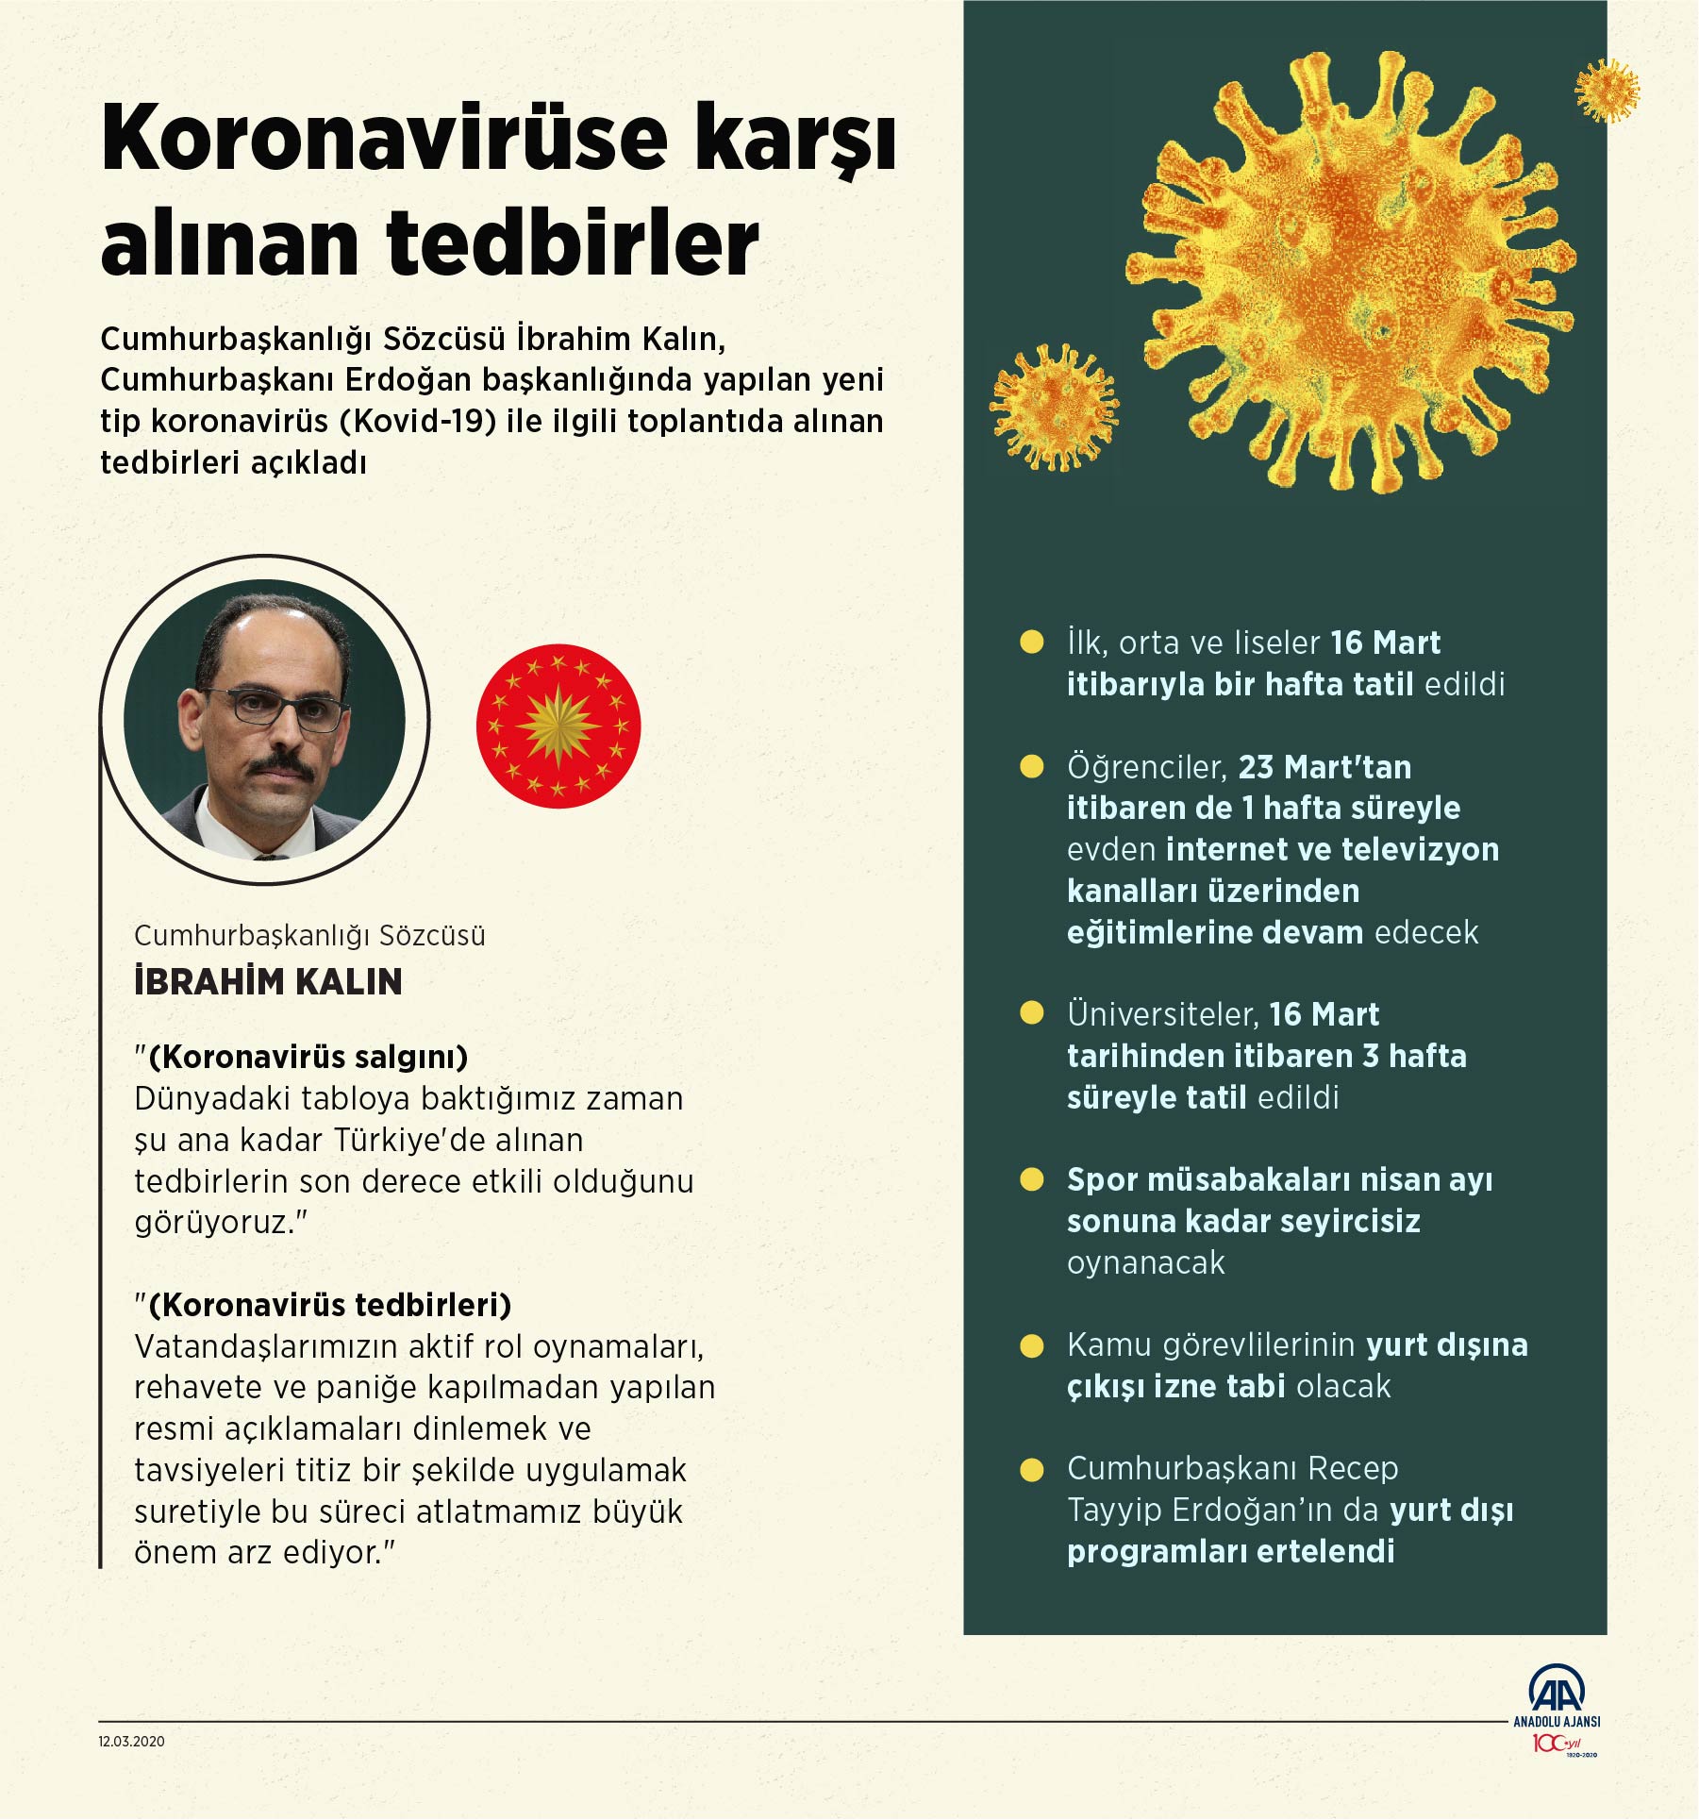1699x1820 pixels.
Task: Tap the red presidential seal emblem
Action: coord(558,726)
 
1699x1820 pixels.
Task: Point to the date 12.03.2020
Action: coord(131,1742)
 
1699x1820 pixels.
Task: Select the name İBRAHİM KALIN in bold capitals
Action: coord(268,982)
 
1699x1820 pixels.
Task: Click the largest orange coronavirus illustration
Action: coord(1349,274)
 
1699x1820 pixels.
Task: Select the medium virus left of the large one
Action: coord(1054,408)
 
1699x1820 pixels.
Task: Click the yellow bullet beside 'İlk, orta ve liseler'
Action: coord(1032,643)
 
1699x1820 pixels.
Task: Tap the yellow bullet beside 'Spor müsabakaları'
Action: coord(1032,1180)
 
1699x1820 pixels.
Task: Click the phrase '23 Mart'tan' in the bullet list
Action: coord(1324,767)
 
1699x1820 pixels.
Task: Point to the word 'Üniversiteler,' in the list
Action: coord(1163,1014)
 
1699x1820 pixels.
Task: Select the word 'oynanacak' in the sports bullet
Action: coord(1145,1262)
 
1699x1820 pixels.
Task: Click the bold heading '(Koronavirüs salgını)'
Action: coord(308,1057)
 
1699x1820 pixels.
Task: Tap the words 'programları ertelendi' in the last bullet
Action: coord(1230,1551)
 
